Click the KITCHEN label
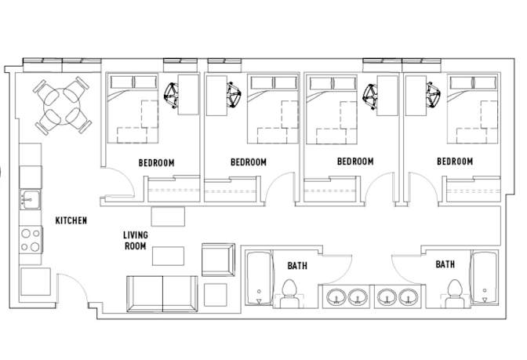pos(71,220)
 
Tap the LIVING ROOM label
pos(136,240)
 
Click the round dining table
pos(62,106)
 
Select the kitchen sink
pos(30,199)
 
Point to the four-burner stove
pos(31,240)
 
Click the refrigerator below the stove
pos(35,282)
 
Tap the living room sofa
pos(162,294)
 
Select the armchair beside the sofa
pos(219,260)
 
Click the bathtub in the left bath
pos(259,278)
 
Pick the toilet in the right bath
pos(455,293)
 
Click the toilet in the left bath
pos(289,293)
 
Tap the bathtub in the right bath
pos(485,278)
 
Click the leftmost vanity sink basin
pos(336,296)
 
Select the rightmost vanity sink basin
pos(409,296)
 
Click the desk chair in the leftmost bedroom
pos(171,96)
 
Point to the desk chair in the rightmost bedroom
pos(433,95)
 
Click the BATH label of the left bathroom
pos(297,266)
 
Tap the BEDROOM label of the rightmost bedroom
pos(455,162)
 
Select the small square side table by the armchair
pos(215,295)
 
